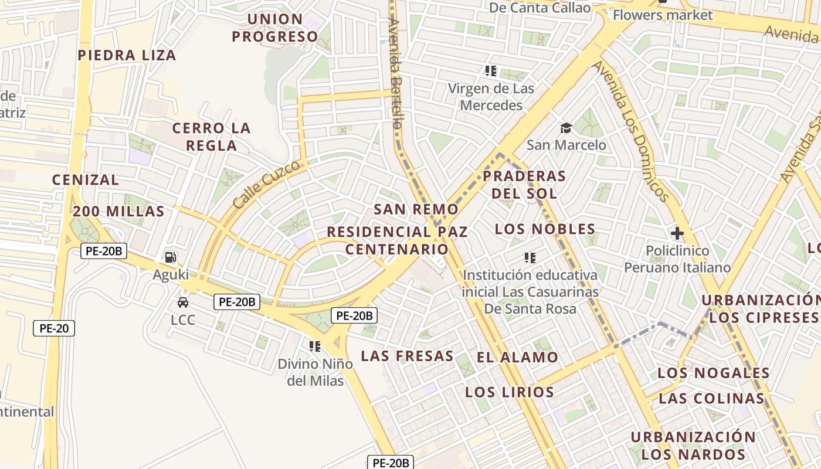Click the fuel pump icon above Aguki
tap(170, 257)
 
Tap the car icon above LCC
tap(183, 303)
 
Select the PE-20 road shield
tap(53, 328)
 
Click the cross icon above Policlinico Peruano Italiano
tap(677, 233)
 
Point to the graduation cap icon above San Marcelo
tap(566, 128)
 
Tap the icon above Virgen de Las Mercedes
tap(491, 72)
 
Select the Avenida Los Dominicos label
tap(631, 131)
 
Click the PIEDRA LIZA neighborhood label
tap(127, 55)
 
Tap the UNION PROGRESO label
tap(274, 28)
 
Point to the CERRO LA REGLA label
tap(211, 137)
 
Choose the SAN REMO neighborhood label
tap(416, 209)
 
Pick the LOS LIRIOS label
tap(509, 392)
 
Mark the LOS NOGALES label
tap(713, 373)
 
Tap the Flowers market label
tap(662, 15)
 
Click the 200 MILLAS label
tap(118, 212)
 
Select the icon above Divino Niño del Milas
tap(315, 346)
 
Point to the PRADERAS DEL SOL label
tap(524, 184)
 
